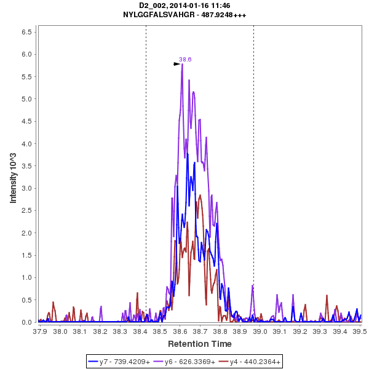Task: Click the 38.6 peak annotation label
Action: pos(185,60)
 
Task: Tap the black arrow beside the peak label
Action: pos(177,63)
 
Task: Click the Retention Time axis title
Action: pos(200,344)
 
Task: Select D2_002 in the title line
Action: pos(153,6)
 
